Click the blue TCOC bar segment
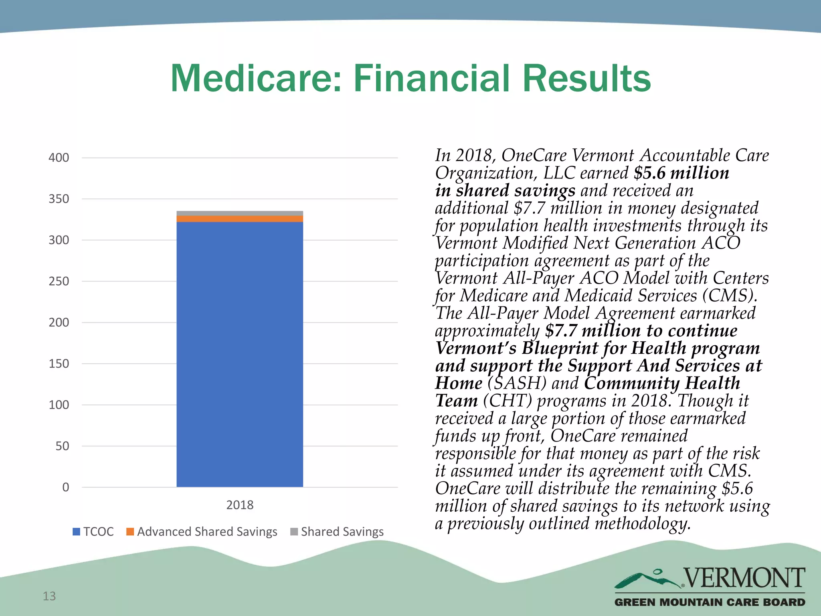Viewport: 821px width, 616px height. click(x=240, y=353)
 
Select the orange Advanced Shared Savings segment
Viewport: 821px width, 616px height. click(x=240, y=219)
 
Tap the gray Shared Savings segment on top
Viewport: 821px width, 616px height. click(x=240, y=213)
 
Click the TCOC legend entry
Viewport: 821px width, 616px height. click(x=93, y=531)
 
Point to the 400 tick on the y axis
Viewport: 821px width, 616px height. click(x=59, y=158)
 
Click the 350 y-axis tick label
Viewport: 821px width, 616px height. click(x=59, y=199)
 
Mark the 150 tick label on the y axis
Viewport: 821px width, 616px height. click(x=59, y=364)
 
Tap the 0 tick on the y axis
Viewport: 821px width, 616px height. click(x=66, y=487)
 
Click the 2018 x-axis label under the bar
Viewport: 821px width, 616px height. click(x=240, y=505)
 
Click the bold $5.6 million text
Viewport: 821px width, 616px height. click(x=681, y=173)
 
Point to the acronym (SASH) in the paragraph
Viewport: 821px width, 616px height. click(x=517, y=383)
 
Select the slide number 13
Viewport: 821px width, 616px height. click(x=49, y=596)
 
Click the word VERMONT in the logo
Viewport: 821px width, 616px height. click(x=744, y=577)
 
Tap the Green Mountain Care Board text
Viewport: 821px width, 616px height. click(x=710, y=602)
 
